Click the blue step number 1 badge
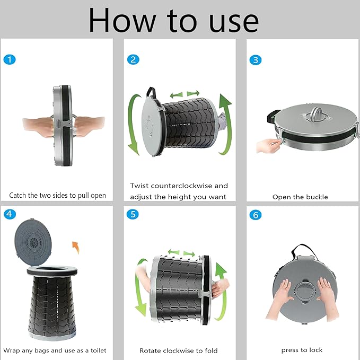point(10,60)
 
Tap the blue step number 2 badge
point(133,59)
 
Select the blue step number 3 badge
point(256,60)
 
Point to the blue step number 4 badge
point(10,214)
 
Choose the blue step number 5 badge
point(133,214)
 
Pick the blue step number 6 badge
point(256,215)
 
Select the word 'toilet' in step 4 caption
point(98,350)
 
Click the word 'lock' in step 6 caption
point(315,350)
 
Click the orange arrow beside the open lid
point(76,248)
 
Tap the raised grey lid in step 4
point(33,242)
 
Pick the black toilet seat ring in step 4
point(52,271)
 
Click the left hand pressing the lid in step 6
point(278,298)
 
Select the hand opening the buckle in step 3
point(268,146)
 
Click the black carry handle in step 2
point(152,94)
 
